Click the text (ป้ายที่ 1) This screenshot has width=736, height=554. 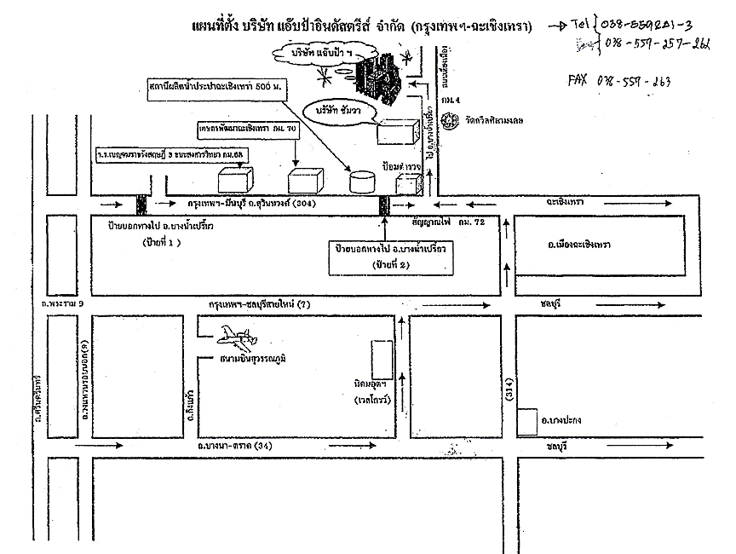pyautogui.click(x=163, y=242)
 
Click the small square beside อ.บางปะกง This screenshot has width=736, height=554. pyautogui.click(x=526, y=418)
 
